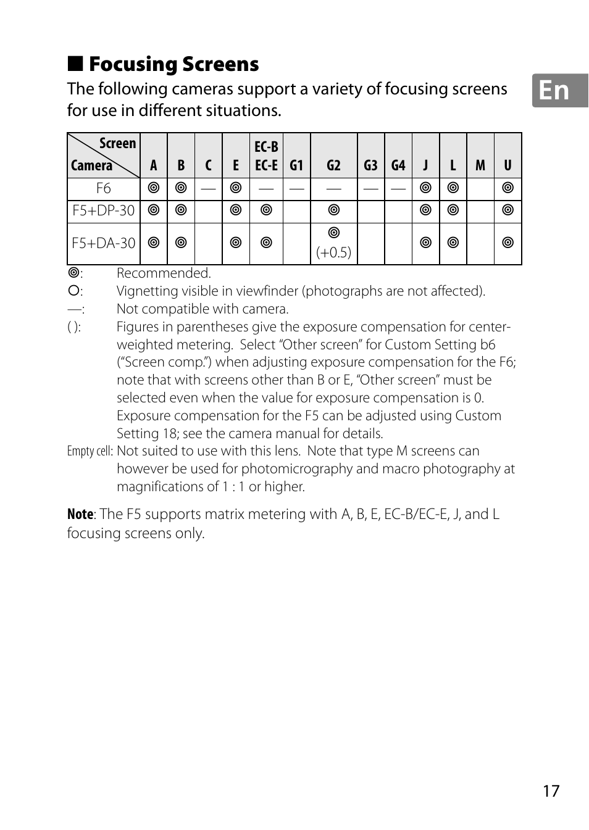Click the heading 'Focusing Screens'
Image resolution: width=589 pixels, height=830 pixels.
coord(173,64)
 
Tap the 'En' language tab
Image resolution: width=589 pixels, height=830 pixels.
coord(554,91)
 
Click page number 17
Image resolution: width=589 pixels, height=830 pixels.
coord(551,791)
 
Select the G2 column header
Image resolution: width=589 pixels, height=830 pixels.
coord(333,165)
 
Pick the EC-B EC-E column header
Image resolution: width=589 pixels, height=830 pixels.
coord(266,156)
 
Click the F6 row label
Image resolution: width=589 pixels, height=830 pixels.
coord(103,188)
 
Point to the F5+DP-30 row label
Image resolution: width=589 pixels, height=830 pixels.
coord(103,210)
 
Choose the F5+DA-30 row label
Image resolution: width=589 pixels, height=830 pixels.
coord(103,243)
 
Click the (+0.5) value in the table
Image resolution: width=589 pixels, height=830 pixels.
coord(333,252)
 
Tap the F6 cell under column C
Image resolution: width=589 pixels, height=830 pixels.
coord(208,188)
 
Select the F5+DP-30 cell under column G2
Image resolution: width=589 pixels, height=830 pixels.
coord(333,210)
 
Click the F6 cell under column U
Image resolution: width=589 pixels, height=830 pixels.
coord(508,188)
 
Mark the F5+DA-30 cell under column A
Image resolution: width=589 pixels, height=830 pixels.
coord(154,243)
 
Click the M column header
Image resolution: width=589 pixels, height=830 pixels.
coord(480,165)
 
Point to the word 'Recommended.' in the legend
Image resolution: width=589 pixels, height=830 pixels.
coord(164,273)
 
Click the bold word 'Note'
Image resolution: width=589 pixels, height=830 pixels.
coord(80,515)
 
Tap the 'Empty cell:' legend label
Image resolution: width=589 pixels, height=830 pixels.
coord(90,451)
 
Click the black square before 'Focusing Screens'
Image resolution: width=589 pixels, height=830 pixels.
coord(75,63)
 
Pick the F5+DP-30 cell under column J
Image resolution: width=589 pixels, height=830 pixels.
coord(425,210)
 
